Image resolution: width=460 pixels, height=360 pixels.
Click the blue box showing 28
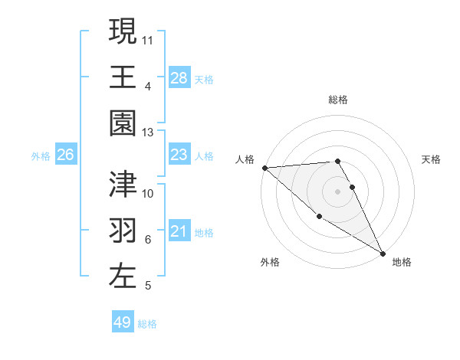coord(179,78)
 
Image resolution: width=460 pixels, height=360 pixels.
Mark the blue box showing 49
coord(123,322)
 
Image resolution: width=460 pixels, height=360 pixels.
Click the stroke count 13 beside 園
coord(148,133)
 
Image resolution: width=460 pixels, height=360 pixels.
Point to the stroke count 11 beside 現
coord(148,38)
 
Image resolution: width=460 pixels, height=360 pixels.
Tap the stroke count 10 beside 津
coord(148,193)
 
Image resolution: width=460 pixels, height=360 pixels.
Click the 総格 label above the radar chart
coord(338,100)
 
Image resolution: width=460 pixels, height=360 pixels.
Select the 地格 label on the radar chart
coord(402,262)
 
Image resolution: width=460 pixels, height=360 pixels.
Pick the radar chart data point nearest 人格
coord(264,168)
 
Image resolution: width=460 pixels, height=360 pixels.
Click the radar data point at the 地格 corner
coord(383,253)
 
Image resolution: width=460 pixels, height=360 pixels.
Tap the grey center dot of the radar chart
coord(338,191)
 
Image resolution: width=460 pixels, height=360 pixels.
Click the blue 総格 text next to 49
coord(147,324)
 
